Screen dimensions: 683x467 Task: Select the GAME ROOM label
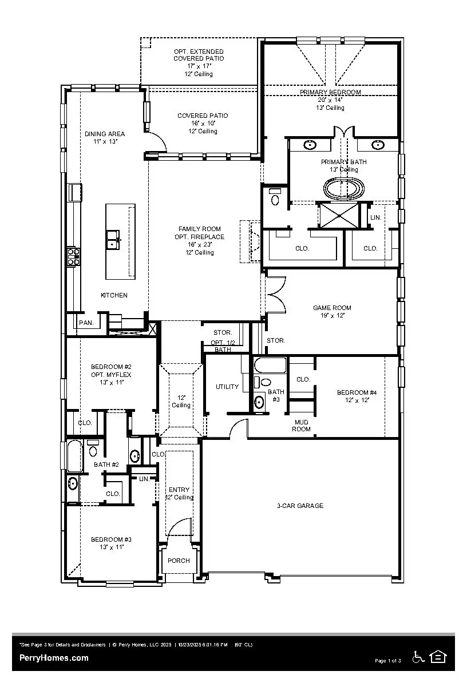(x=332, y=308)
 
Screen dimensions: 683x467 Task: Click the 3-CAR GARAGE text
(x=300, y=506)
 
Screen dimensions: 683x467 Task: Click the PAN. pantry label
(x=86, y=323)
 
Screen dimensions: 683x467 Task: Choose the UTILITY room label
(x=227, y=387)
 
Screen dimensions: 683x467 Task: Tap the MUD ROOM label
(x=302, y=426)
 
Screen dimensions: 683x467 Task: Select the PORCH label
(x=179, y=561)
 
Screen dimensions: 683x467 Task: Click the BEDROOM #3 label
(x=112, y=539)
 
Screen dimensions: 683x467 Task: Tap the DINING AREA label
(x=105, y=134)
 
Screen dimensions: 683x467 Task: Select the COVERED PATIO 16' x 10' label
(x=202, y=116)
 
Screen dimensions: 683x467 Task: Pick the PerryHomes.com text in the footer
(x=54, y=658)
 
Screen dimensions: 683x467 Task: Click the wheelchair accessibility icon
(x=418, y=657)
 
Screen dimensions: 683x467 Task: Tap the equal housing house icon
(x=438, y=657)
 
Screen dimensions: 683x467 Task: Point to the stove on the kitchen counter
(x=73, y=256)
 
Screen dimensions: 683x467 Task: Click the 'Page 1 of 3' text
(x=387, y=661)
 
